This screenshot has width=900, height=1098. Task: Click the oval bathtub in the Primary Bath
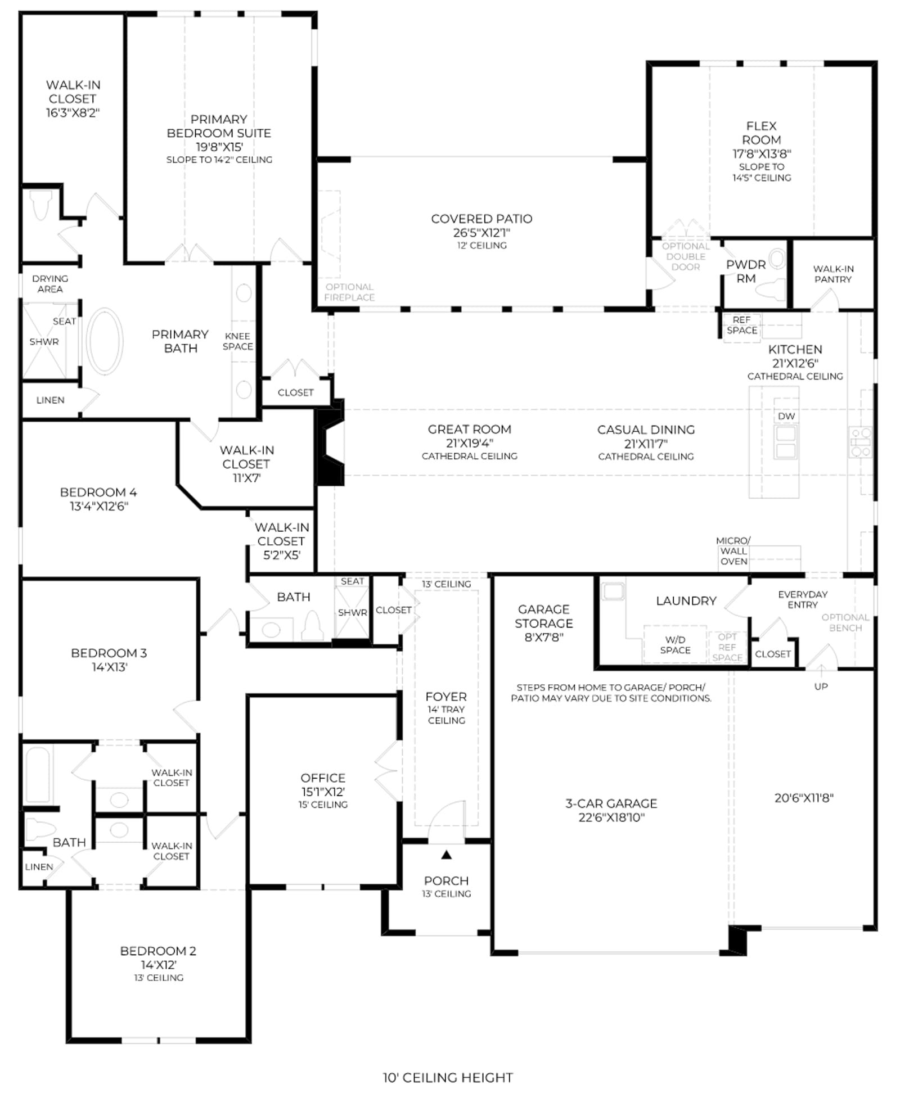point(105,341)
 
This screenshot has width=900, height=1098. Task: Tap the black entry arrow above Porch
point(447,855)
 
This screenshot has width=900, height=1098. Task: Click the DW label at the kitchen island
point(786,416)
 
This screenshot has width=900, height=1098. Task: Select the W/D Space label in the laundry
point(675,645)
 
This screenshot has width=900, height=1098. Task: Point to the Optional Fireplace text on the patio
point(349,292)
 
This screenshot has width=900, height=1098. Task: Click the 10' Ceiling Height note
point(448,1078)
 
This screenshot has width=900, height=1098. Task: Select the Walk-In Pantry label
point(833,274)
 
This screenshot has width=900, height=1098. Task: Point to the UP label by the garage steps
point(821,686)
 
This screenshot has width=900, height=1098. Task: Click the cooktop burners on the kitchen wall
point(860,441)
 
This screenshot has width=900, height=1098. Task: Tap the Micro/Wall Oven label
point(733,551)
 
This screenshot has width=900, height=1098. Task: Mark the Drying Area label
point(50,284)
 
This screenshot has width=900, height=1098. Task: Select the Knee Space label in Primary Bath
point(237,341)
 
